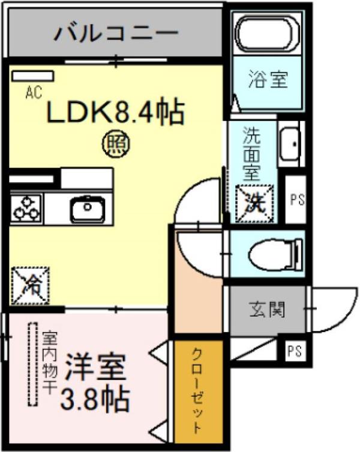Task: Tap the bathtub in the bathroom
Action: pos(268,34)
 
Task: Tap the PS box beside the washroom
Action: pos(296,200)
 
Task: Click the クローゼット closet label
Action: pos(198,390)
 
